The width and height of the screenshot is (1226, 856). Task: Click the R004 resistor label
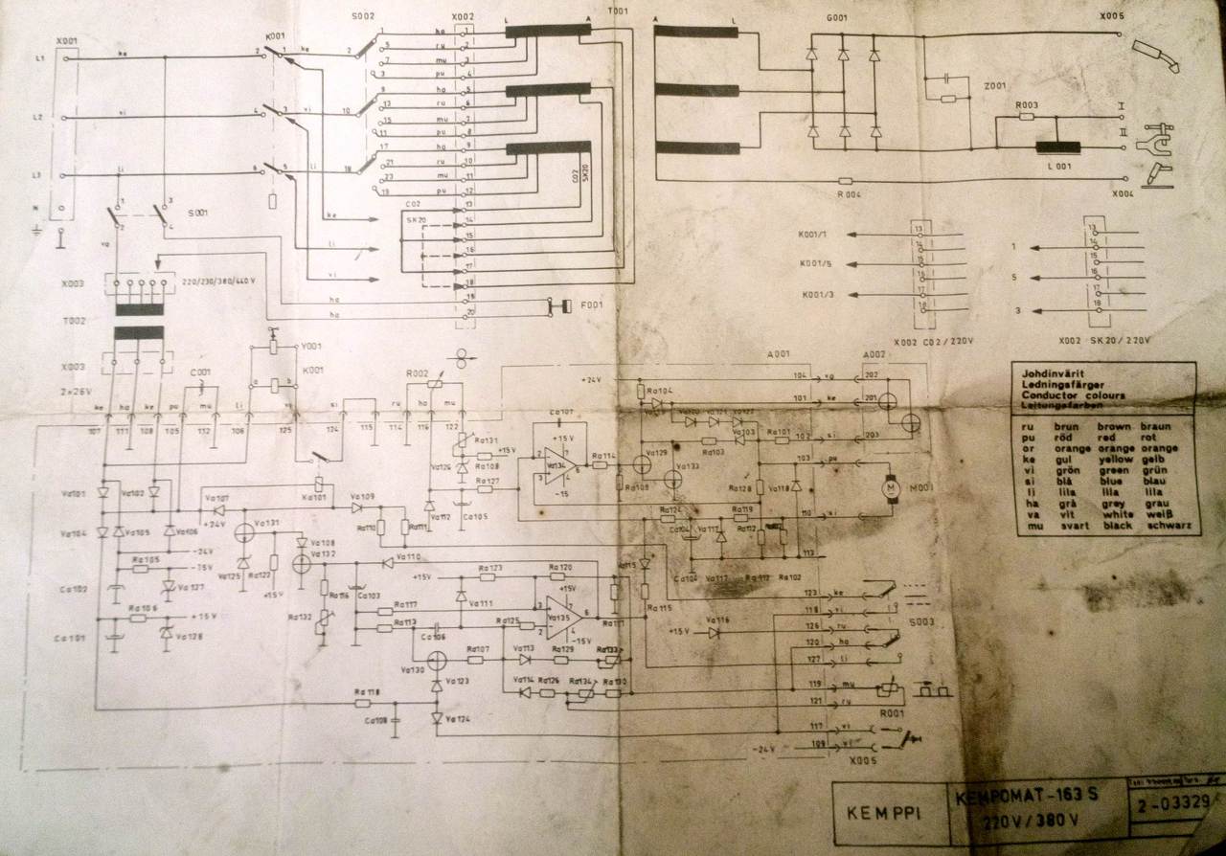tap(845, 194)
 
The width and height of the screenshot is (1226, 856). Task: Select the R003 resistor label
tap(1027, 104)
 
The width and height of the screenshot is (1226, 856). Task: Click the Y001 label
tap(310, 347)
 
